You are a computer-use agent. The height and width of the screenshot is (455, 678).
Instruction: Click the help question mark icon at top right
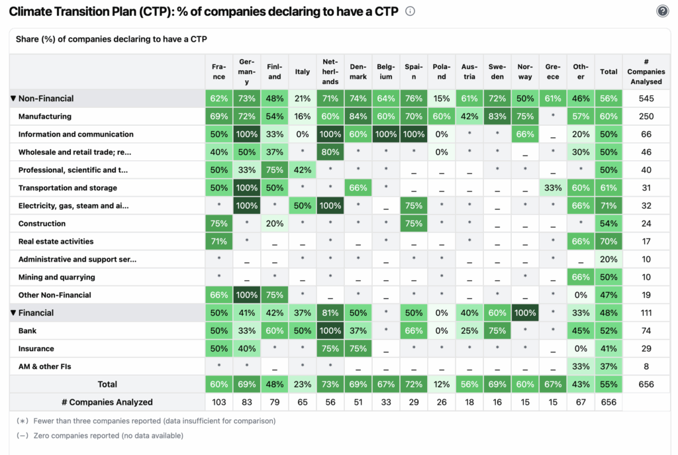pos(662,11)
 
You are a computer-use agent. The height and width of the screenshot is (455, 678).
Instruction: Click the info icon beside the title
pos(411,11)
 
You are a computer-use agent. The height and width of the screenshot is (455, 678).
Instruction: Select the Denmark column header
pos(358,72)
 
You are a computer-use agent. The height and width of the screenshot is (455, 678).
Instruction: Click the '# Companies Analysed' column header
pos(646,72)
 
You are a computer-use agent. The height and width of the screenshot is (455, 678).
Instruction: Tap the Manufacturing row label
pos(45,117)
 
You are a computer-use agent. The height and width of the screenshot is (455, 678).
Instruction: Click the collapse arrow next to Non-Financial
pos(13,99)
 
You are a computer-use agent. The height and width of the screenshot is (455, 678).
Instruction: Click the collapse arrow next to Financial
pos(13,313)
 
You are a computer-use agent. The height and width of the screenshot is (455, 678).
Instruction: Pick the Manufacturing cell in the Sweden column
pos(497,117)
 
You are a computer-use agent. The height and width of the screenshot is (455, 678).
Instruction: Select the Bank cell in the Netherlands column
pos(330,330)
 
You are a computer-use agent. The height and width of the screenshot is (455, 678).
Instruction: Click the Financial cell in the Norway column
pos(525,313)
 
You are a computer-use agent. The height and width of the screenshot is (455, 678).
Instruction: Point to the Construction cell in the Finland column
pos(275,224)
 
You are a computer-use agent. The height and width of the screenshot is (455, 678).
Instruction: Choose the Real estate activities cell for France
pos(219,242)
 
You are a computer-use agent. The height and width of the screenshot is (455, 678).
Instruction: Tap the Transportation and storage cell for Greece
pos(553,188)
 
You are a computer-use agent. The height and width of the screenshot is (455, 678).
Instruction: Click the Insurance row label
pos(36,348)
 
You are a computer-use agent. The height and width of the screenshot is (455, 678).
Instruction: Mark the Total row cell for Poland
pos(442,384)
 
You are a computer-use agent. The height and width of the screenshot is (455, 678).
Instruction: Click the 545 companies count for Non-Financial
pos(646,99)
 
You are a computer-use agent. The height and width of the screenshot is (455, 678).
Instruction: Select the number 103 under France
pos(219,402)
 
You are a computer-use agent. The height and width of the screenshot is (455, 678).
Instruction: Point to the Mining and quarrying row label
pos(57,278)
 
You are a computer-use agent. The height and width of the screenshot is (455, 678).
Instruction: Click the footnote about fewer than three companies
pos(146,421)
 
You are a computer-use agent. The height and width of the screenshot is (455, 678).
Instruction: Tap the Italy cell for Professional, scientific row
pos(303,170)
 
